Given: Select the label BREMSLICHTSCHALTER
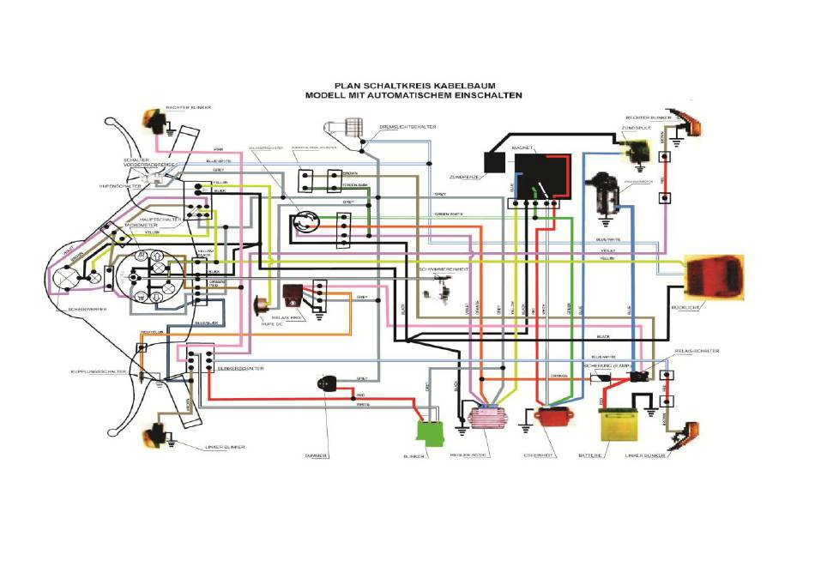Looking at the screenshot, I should (x=407, y=127).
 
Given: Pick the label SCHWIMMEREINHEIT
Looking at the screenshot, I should (x=443, y=268).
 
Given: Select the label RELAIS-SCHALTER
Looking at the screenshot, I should (x=697, y=351).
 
